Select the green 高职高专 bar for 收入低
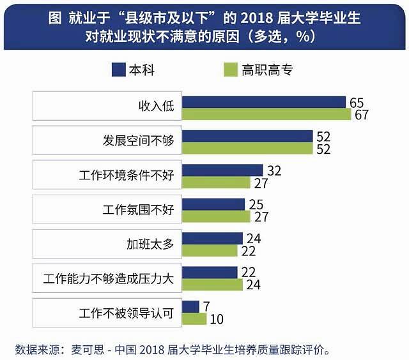[x=266, y=114]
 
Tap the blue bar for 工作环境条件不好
[x=222, y=170]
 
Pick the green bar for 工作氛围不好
[x=216, y=216]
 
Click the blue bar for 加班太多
[x=212, y=238]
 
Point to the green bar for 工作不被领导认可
[x=194, y=319]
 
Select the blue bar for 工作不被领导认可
[x=190, y=306]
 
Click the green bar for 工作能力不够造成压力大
[x=212, y=285]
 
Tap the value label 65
[x=357, y=102]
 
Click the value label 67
[x=362, y=115]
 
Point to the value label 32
[x=274, y=170]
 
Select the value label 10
[x=218, y=319]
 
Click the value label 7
[x=206, y=306]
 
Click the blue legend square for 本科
[x=119, y=69]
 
